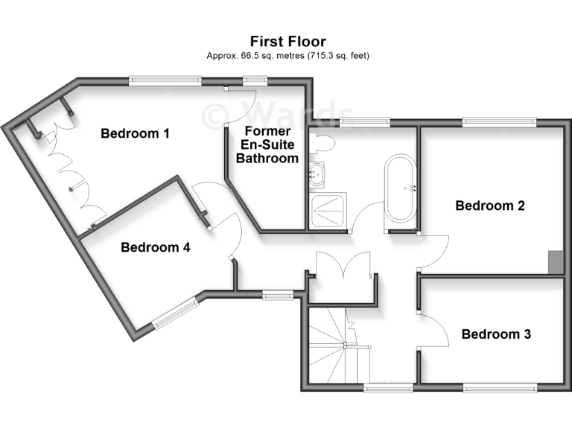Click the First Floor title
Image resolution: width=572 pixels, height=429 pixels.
click(x=287, y=42)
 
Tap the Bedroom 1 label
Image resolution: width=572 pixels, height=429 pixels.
click(x=136, y=134)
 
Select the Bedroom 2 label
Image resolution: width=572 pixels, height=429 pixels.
click(x=490, y=206)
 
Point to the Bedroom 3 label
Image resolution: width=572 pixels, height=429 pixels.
click(x=496, y=334)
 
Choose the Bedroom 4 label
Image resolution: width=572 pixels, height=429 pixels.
click(x=156, y=247)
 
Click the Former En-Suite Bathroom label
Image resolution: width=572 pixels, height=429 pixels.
click(x=267, y=145)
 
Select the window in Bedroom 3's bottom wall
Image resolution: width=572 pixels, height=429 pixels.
click(x=500, y=387)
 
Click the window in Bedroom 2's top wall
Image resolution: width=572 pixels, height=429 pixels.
click(x=499, y=121)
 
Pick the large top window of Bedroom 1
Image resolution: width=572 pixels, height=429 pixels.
click(x=165, y=80)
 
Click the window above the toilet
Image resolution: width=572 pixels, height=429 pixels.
click(x=365, y=121)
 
